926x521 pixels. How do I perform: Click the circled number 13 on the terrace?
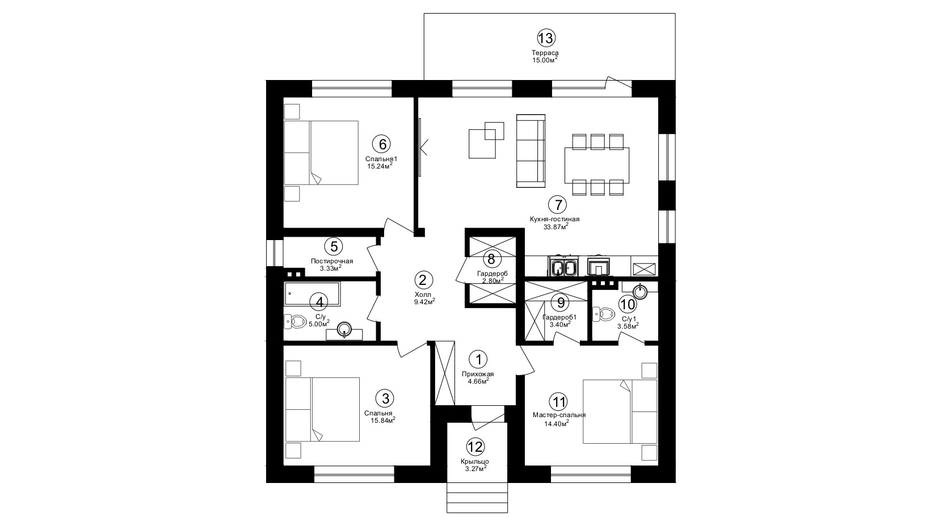[x=546, y=39]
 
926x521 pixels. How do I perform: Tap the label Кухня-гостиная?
[x=555, y=219]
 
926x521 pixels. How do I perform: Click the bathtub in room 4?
[x=312, y=293]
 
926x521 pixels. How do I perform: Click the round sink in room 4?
[x=344, y=330]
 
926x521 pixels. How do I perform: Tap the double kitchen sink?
[x=563, y=267]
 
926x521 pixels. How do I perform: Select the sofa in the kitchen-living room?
[x=531, y=151]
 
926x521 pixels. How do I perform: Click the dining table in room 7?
[x=597, y=165]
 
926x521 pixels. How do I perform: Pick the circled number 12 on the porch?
[x=475, y=447]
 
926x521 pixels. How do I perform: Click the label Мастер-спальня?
[x=559, y=415]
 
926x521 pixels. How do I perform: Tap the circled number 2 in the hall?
[x=423, y=280]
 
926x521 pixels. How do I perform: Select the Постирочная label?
[x=332, y=261]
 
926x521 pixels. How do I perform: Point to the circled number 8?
[x=491, y=259]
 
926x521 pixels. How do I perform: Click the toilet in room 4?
[x=294, y=321]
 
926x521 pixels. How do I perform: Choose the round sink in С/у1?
[x=641, y=291]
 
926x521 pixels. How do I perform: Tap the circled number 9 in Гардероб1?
[x=561, y=302]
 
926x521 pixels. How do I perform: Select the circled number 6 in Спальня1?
[x=381, y=144]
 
